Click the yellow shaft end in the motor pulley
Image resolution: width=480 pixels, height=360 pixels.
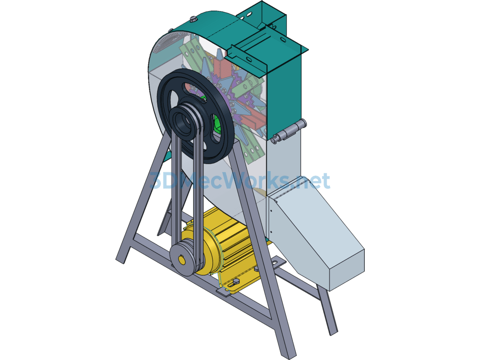[x=181, y=261]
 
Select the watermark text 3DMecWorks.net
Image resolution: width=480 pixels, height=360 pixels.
[x=240, y=180]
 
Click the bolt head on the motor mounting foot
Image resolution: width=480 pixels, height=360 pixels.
[x=237, y=281]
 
